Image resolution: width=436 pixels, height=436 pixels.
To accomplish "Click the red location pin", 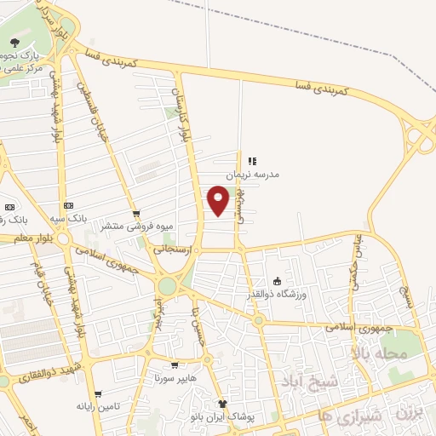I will tap(219, 199).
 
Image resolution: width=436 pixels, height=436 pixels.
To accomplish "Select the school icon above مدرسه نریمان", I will tap(251, 160).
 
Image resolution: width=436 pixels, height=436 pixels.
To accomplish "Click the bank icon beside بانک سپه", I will tap(68, 206).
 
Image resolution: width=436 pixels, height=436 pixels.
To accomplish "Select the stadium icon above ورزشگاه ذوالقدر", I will tap(276, 281).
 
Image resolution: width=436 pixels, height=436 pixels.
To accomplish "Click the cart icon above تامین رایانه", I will tap(101, 395).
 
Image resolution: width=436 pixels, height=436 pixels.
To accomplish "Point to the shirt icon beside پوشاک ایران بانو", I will tap(223, 404).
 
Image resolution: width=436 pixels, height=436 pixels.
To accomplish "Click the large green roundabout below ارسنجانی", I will tap(166, 286).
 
